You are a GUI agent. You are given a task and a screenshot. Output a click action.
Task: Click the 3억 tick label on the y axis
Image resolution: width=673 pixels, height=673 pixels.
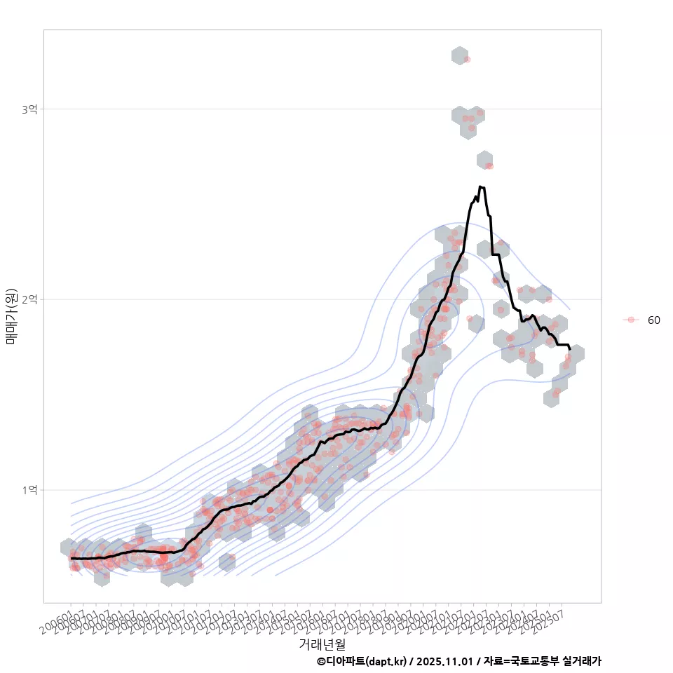click(x=29, y=109)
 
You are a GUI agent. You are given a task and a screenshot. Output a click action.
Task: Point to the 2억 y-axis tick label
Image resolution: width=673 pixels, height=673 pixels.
click(x=29, y=299)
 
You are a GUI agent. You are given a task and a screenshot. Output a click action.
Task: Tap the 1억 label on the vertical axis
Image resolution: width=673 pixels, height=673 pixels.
click(x=29, y=489)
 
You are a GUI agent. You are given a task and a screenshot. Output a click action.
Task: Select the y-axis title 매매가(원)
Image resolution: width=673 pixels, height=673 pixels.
click(x=11, y=316)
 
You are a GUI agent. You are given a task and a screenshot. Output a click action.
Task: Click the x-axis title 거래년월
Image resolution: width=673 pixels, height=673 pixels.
click(x=322, y=644)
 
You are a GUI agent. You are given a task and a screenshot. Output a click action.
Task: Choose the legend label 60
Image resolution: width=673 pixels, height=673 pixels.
click(x=653, y=320)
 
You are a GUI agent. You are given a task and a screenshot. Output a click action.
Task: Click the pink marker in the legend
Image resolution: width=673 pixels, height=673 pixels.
click(x=631, y=320)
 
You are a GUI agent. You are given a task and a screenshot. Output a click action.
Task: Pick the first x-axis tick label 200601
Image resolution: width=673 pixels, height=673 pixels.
click(x=57, y=620)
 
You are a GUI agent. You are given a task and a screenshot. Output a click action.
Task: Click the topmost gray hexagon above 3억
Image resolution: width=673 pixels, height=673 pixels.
click(x=459, y=56)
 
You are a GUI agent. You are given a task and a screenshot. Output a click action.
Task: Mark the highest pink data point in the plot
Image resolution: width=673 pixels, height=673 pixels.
click(x=468, y=60)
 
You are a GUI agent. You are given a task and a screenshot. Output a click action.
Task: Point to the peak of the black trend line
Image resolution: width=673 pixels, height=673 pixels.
click(x=480, y=186)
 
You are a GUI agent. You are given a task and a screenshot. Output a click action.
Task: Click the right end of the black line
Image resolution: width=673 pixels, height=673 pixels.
click(x=570, y=348)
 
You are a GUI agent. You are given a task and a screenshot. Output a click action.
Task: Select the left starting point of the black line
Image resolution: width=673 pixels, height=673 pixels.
click(x=71, y=558)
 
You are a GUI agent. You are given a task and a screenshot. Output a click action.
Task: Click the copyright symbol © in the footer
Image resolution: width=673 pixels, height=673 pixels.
click(x=321, y=661)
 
